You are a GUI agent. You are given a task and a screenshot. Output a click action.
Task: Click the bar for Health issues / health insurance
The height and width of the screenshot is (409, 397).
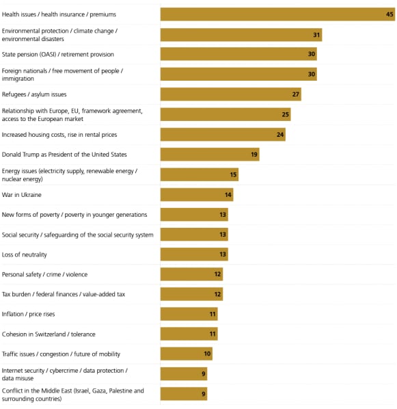(x=277, y=14)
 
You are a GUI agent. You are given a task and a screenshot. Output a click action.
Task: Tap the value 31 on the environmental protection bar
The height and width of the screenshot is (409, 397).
(x=316, y=35)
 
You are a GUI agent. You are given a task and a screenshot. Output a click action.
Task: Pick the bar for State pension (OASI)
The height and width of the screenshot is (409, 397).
(x=238, y=55)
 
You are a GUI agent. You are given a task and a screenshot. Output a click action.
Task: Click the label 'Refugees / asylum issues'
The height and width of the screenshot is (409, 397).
(x=34, y=94)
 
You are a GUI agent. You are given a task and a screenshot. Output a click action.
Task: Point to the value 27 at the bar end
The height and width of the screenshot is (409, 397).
(x=296, y=94)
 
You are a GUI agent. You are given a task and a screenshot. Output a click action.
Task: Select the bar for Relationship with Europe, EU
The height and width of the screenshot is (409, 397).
(x=225, y=114)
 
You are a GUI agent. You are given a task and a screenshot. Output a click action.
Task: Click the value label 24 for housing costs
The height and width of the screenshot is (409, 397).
(x=280, y=135)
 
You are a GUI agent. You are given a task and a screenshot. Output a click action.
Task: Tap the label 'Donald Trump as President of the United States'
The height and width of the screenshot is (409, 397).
(x=64, y=155)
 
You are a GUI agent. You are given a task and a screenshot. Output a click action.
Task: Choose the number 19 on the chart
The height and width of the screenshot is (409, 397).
(x=254, y=155)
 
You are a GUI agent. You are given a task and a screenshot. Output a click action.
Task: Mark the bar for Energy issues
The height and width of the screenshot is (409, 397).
(x=199, y=174)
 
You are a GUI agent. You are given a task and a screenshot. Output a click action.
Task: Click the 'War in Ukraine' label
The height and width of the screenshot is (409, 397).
(x=22, y=195)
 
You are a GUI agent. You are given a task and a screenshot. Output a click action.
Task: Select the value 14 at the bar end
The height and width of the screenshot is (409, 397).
(x=228, y=195)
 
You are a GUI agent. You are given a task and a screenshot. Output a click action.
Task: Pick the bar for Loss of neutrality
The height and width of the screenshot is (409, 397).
(x=193, y=254)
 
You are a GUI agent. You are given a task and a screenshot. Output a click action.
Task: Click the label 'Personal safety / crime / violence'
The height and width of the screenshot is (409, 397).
(x=44, y=274)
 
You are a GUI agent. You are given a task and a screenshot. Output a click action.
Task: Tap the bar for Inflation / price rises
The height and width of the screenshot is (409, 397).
(x=189, y=315)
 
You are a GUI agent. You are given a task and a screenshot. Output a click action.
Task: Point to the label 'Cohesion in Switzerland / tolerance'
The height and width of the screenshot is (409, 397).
(x=49, y=334)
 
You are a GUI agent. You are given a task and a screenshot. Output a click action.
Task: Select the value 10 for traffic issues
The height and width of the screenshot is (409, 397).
(x=207, y=354)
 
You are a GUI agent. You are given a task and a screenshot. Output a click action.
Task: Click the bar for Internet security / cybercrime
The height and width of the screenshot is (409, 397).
(x=183, y=374)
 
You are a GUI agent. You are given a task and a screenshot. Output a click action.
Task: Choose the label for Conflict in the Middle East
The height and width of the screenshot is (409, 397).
(x=72, y=395)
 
